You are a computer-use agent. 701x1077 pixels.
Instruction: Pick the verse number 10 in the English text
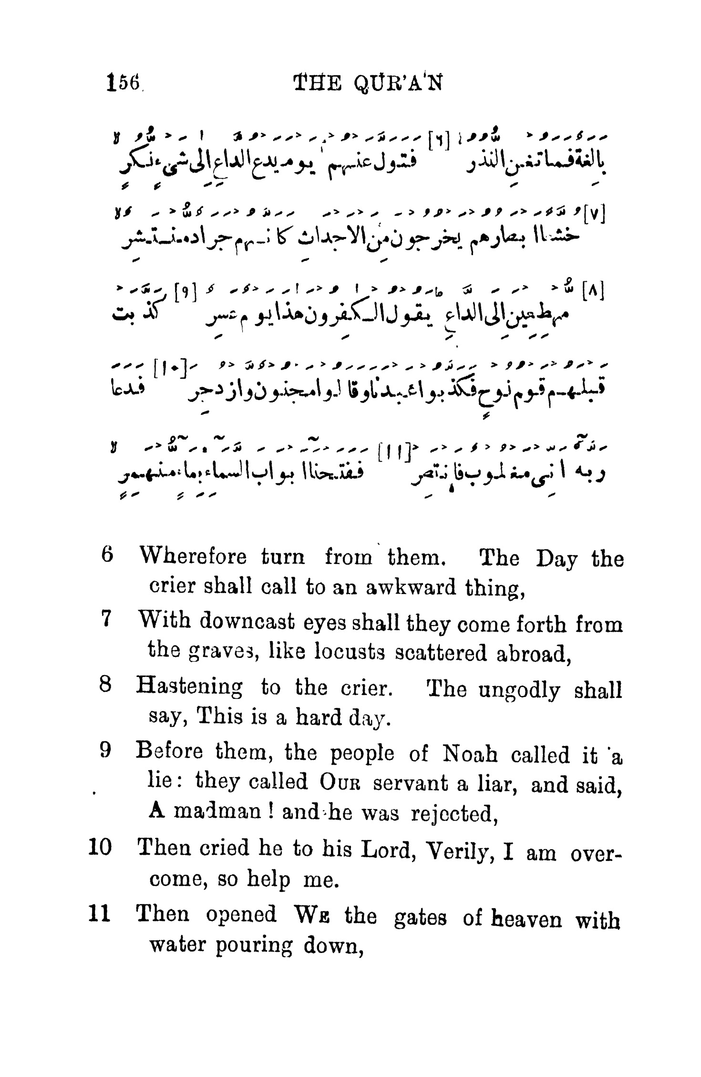click(100, 847)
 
